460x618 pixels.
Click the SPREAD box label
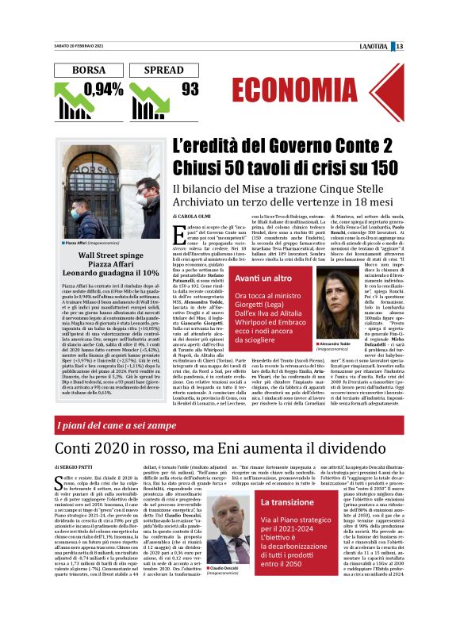[x=163, y=70]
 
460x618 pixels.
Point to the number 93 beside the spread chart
[x=190, y=90]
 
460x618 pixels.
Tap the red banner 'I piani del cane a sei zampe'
[x=127, y=426]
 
